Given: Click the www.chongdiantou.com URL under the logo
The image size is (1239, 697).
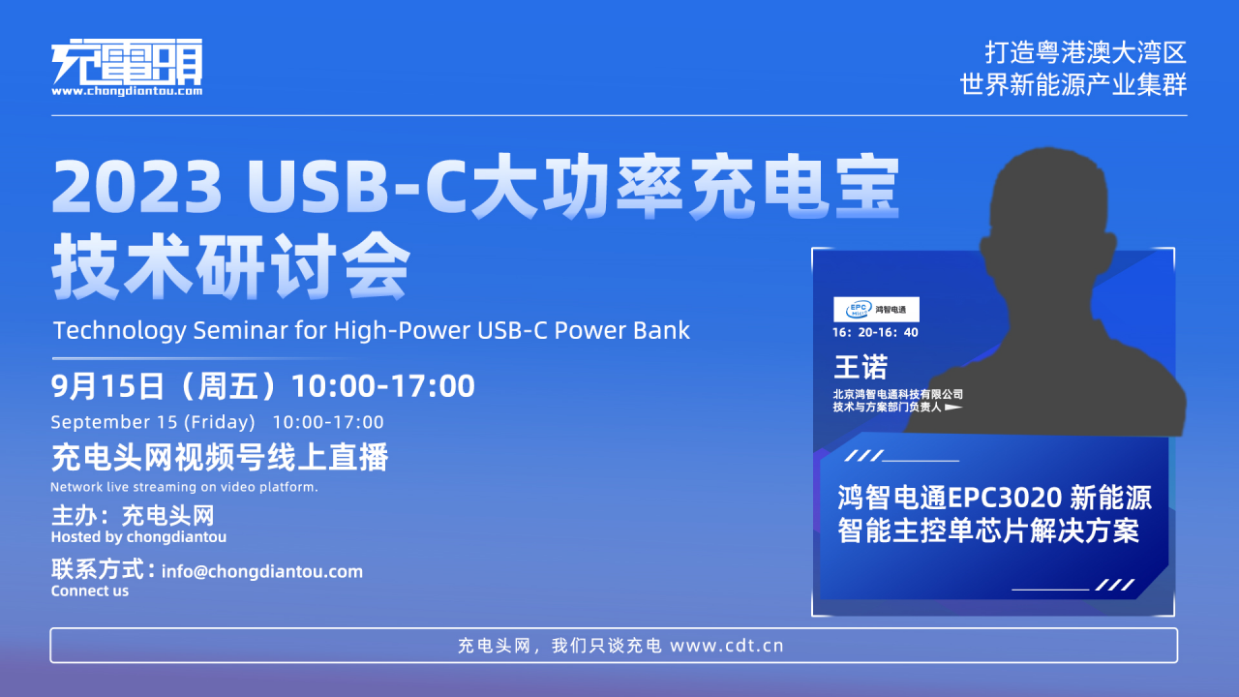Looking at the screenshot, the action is point(127,91).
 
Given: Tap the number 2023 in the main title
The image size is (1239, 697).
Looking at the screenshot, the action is point(137,186).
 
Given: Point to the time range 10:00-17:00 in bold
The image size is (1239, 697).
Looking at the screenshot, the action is point(382,385).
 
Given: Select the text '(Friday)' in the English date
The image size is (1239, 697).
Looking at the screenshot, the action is point(219,423).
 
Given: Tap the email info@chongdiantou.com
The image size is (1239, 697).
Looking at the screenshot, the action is point(261,571).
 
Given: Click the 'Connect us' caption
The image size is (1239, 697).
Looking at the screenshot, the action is point(90,591).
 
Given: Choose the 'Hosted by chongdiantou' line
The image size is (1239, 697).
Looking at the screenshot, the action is point(138,537).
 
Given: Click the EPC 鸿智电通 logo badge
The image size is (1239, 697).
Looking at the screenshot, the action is point(876,309).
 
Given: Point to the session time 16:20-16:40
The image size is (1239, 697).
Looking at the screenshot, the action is point(875,332).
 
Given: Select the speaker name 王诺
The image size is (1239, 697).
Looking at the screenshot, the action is point(861,367).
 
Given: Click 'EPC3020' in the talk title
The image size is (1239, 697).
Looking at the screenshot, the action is point(1005,498).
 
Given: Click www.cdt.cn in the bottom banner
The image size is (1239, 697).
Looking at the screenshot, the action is point(726,646).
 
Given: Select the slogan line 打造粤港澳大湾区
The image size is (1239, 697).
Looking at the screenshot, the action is point(1085,53).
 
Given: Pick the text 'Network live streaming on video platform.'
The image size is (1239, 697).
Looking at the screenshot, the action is point(184,487).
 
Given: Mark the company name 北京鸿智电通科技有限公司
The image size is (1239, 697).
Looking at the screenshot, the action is point(897,394).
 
